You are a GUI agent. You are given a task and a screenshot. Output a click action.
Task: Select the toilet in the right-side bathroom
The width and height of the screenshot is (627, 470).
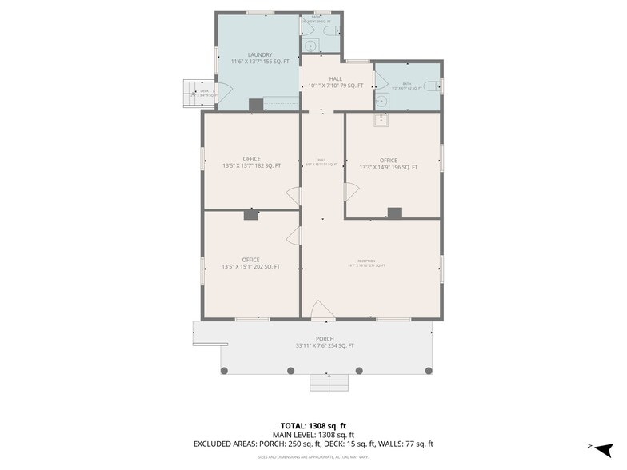tap(429, 86)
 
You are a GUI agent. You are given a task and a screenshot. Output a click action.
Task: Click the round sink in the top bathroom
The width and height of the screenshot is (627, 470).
tap(309, 43)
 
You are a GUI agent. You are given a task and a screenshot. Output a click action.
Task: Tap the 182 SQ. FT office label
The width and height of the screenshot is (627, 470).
tap(251, 163)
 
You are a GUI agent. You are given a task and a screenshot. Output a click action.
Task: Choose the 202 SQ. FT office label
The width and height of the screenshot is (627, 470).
tap(251, 264)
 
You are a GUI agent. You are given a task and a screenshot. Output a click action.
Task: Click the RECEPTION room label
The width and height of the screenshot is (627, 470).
tap(366, 263)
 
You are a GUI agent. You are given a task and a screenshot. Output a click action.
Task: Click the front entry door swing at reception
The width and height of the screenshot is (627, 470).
tap(321, 310)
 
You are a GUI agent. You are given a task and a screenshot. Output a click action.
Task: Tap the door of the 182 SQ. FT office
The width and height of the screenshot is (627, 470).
tap(294, 197)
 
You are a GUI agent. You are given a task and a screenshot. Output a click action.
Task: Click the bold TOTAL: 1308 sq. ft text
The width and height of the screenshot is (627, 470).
tap(313, 426)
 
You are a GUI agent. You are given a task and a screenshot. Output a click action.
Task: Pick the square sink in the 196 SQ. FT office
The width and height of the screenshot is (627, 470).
tap(381, 121)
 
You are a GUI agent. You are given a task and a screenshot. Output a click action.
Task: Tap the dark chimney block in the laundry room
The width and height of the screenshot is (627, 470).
tap(255, 105)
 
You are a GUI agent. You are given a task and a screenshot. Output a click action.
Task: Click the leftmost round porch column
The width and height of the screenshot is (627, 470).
tap(224, 370)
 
